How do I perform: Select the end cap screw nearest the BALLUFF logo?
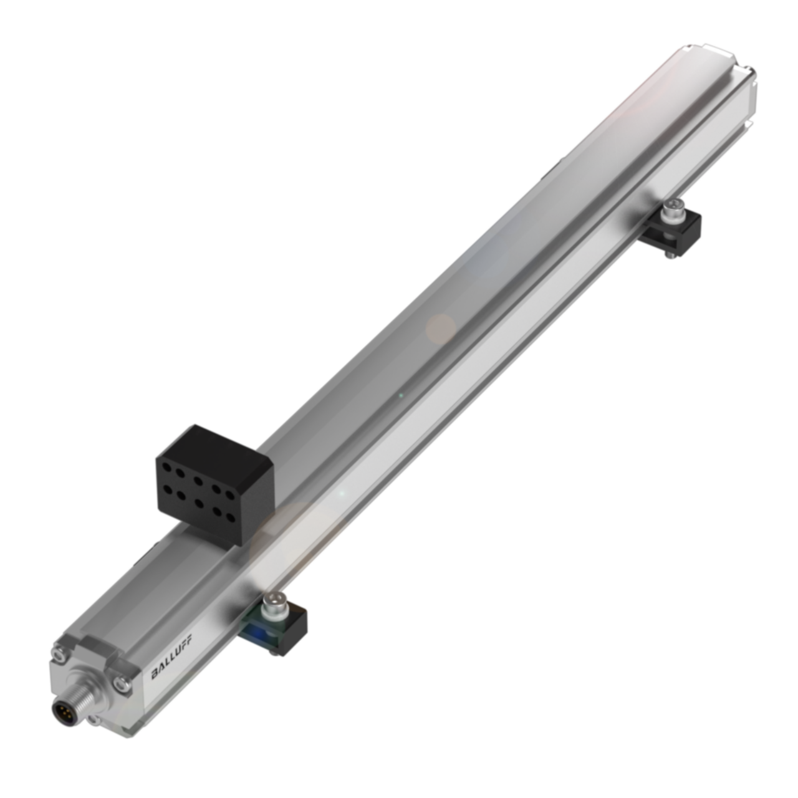click(x=122, y=683)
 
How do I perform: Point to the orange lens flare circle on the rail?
click(x=441, y=328)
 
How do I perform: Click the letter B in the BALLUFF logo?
click(x=155, y=674)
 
